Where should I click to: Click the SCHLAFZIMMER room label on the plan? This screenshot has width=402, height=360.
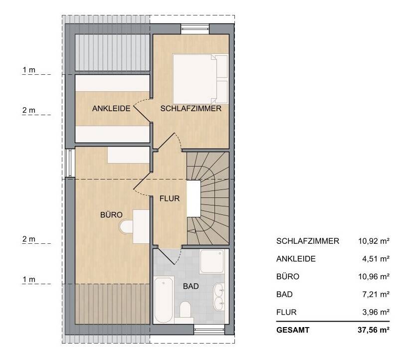click(x=190, y=109)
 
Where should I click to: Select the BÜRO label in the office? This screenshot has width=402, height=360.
click(x=111, y=215)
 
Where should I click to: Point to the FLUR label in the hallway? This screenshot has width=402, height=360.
click(x=169, y=198)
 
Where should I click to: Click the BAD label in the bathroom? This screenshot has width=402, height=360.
click(x=191, y=287)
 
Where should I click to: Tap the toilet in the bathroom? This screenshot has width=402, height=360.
click(x=186, y=310)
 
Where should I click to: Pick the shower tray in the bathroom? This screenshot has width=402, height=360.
click(x=212, y=262)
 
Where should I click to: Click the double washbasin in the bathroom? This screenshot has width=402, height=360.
click(x=220, y=297)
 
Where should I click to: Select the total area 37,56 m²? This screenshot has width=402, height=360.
click(x=374, y=330)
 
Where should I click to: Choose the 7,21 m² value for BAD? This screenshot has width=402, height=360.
click(x=376, y=295)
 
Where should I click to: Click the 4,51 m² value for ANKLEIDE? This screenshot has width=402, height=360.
click(x=376, y=259)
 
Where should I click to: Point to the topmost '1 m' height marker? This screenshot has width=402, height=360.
click(x=29, y=70)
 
